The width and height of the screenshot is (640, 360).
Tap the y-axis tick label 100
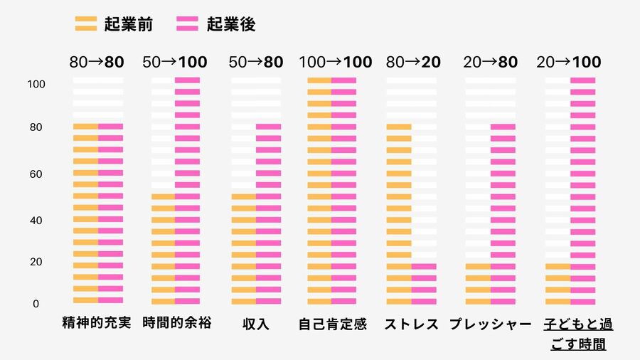(36, 84)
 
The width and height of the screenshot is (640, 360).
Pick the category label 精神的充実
(97, 324)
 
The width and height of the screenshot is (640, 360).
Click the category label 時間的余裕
(176, 324)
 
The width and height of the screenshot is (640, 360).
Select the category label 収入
(255, 324)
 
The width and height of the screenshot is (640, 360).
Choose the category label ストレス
(411, 324)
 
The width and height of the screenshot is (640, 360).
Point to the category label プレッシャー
(491, 324)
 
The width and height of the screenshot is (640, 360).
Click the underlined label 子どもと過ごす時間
(577, 334)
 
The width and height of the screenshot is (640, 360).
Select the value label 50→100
(175, 62)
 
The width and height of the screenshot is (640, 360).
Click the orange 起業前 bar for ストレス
(399, 213)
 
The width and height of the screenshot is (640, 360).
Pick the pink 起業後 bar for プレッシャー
(503, 213)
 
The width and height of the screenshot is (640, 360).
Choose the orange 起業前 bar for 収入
(243, 249)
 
